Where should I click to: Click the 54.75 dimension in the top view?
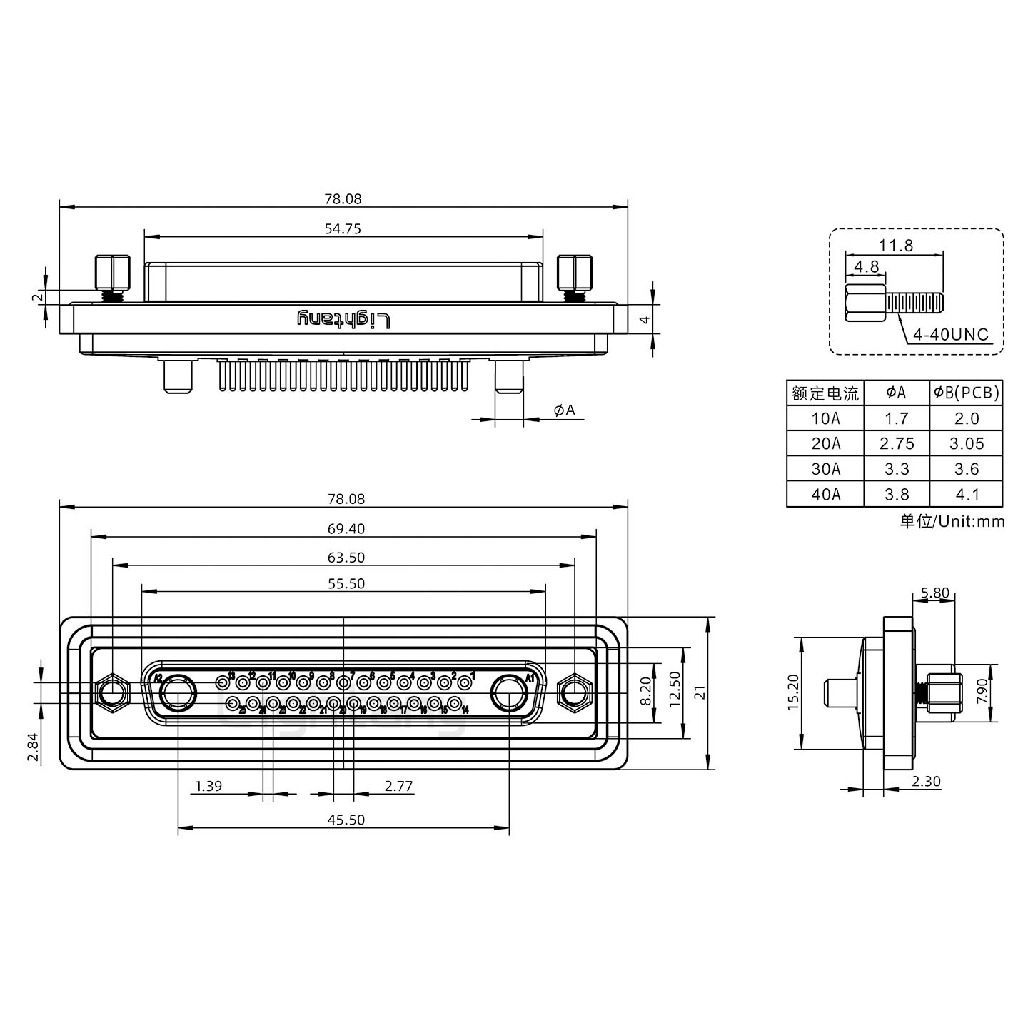click(x=343, y=229)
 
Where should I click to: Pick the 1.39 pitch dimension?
click(x=208, y=786)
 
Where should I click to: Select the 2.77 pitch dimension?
click(x=398, y=786)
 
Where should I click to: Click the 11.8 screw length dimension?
click(x=895, y=246)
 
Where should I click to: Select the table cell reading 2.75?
click(x=897, y=444)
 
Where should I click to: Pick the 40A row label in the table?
click(x=825, y=494)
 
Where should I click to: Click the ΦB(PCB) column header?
click(x=966, y=392)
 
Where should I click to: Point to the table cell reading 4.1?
click(x=966, y=494)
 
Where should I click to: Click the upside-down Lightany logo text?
click(x=343, y=320)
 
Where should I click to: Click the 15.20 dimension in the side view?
click(x=792, y=692)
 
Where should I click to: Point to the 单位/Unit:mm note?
click(x=952, y=521)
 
